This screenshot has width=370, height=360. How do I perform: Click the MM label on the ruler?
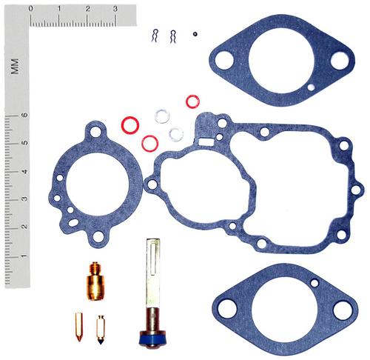pos(15,67)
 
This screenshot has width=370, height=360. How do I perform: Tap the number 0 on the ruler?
pos(30,9)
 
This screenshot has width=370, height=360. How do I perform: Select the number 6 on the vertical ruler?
pos(25,115)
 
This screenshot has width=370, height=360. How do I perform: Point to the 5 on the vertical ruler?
pos(25,143)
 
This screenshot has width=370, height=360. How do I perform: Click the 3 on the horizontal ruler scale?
pos(115,9)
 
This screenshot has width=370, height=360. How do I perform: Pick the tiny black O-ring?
pos(195,34)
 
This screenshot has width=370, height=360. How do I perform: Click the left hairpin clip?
pos(155,36)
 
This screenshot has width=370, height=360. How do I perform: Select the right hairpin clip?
pos(172,36)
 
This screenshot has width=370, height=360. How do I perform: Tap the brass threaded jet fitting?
pos(95,281)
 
